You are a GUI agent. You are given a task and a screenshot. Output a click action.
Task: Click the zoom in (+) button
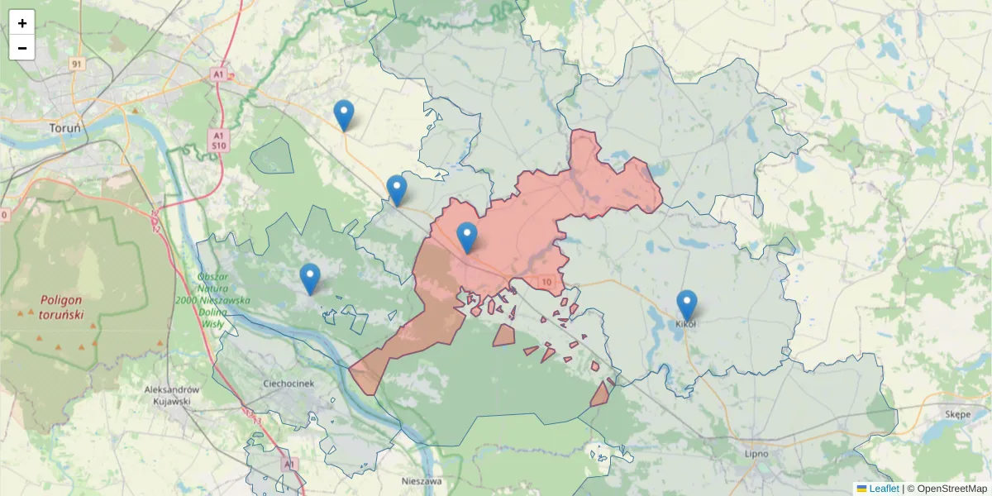(22, 23)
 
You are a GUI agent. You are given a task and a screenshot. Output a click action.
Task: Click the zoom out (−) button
(22, 48)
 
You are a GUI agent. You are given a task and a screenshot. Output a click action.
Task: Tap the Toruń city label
(64, 128)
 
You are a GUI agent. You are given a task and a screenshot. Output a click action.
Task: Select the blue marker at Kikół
(686, 304)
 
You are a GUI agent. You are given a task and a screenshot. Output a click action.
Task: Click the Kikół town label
(686, 324)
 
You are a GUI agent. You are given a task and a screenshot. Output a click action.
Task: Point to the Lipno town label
(756, 453)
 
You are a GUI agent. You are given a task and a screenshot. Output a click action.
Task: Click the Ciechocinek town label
(289, 384)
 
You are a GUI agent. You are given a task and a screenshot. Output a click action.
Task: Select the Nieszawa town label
(421, 480)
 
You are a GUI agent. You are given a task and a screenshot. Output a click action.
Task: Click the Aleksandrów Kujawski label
(172, 395)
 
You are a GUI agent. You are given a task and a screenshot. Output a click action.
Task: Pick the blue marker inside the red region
(467, 236)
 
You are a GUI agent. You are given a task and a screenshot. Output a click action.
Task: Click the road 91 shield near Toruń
(77, 64)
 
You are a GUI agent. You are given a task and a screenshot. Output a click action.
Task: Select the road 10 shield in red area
(546, 282)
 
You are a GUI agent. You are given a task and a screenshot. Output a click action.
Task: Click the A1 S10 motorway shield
(218, 140)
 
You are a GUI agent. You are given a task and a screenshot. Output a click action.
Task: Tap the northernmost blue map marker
(344, 114)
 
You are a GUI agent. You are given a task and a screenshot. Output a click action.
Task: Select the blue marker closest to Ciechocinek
(310, 278)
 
